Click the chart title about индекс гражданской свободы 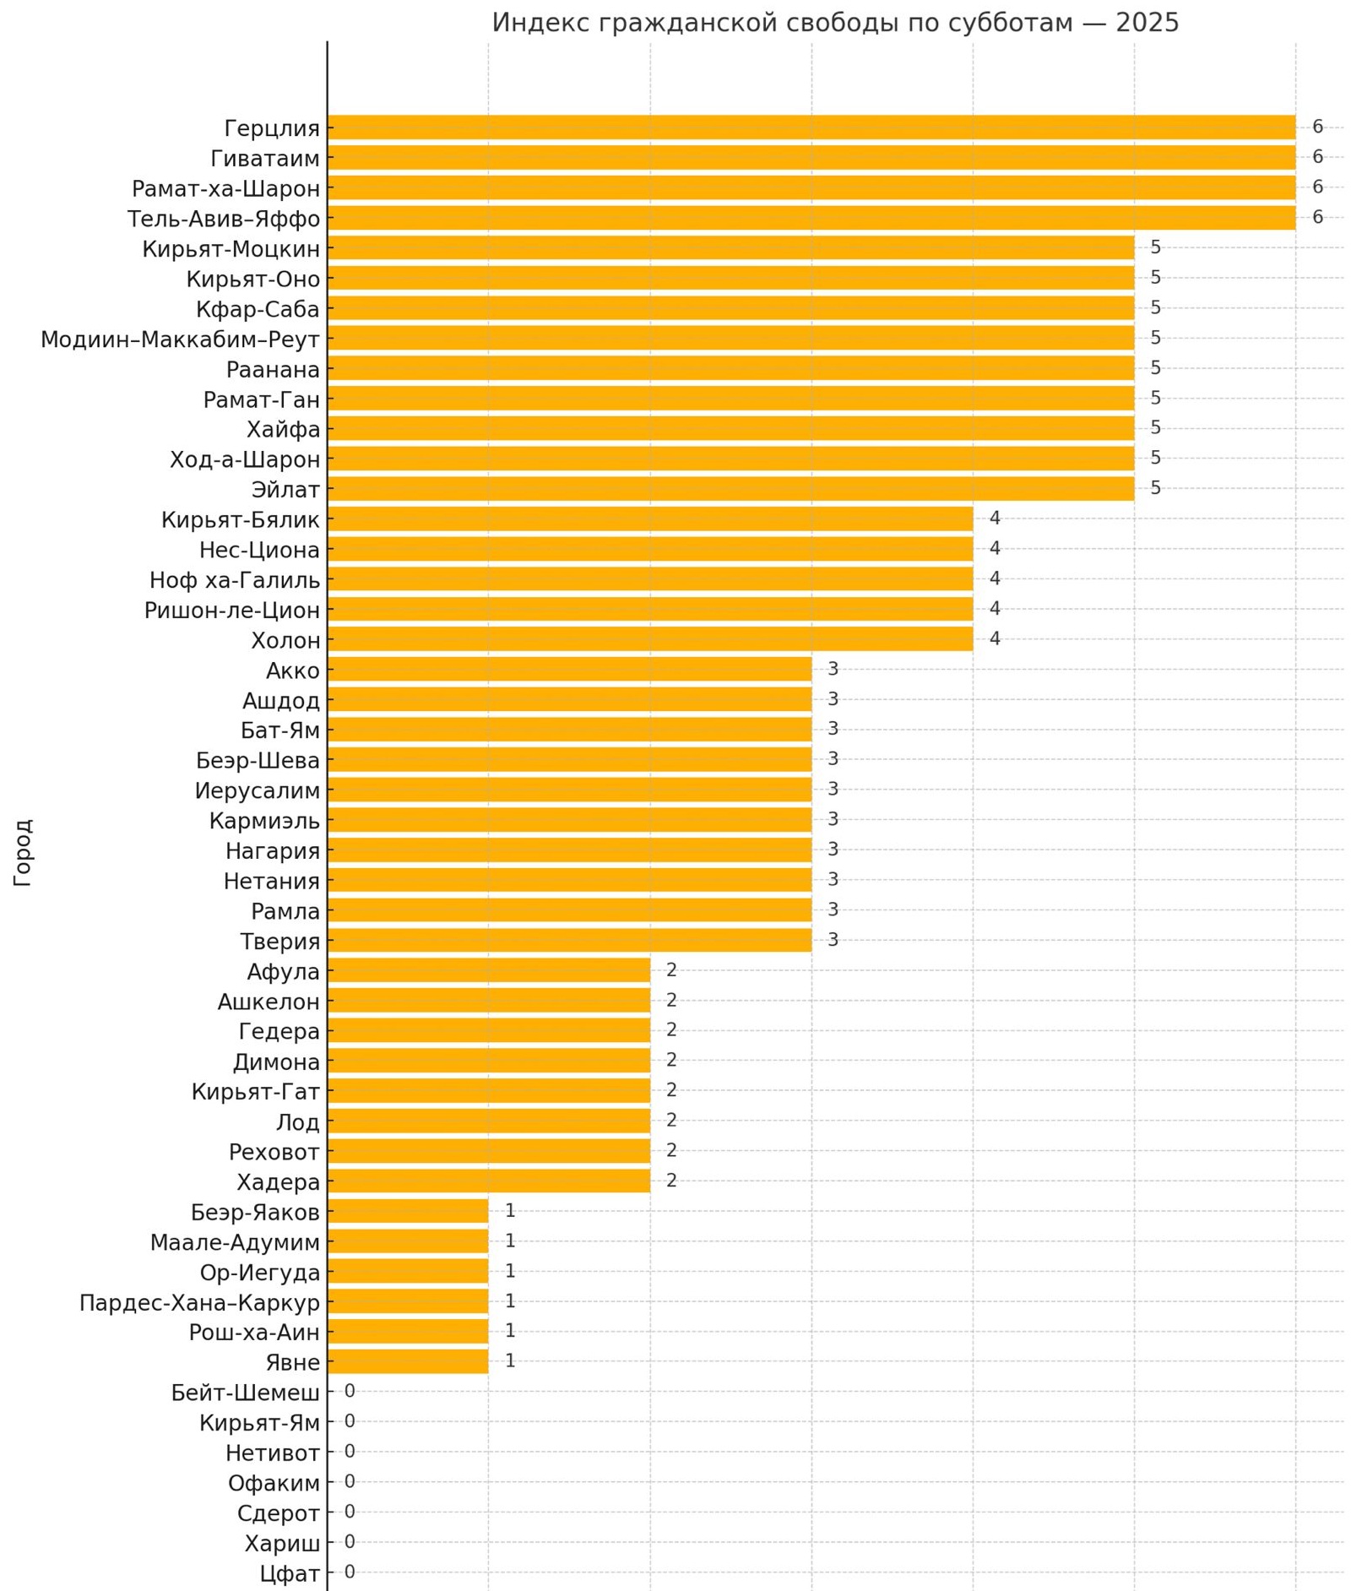coord(834,23)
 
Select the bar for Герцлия coord(811,128)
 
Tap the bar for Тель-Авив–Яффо coord(811,218)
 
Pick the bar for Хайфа coord(730,429)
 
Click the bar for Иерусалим coord(569,790)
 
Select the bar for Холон coord(649,639)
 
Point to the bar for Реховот coord(488,1151)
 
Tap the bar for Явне coord(408,1361)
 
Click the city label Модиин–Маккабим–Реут coord(180,339)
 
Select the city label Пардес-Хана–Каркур coord(199,1302)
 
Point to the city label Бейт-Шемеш coord(245,1393)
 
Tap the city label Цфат coord(290,1573)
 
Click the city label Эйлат coord(285,490)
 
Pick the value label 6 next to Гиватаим coord(1317,157)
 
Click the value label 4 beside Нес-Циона coord(995,549)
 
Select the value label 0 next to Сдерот coord(350,1512)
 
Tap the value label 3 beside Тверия coord(833,940)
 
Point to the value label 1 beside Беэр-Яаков coord(510,1211)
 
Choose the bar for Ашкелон coord(488,1001)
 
